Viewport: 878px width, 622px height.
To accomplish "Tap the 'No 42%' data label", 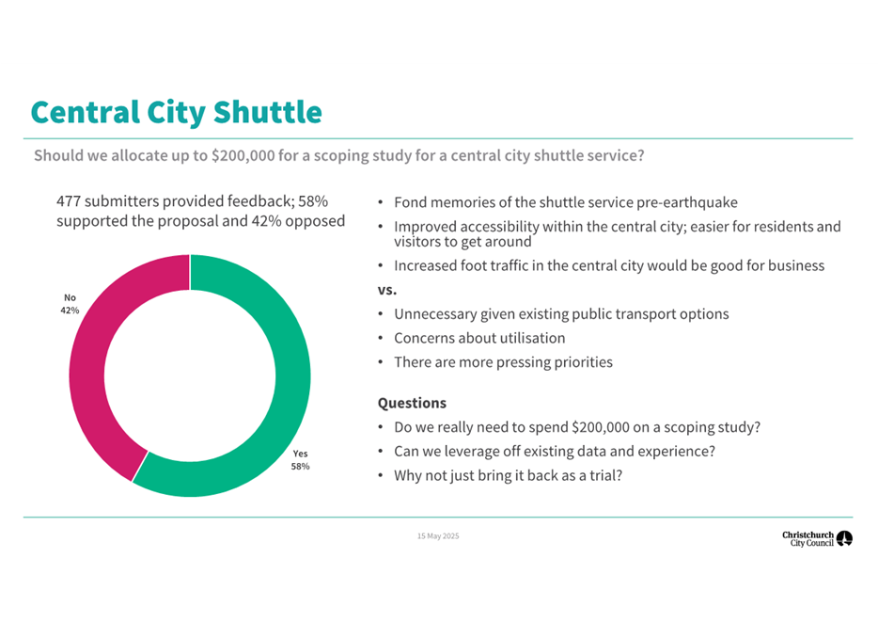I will [70, 303].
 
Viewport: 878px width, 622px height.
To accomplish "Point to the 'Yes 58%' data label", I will [300, 460].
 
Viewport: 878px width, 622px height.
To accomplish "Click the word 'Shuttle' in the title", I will [267, 113].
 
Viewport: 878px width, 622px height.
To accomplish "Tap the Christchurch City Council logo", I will [817, 538].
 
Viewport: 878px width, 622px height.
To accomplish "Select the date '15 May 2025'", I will [438, 536].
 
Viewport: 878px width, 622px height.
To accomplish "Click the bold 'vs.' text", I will [387, 290].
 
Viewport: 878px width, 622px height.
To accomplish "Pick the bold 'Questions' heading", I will [412, 403].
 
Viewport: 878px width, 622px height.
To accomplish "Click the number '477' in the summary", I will [71, 202].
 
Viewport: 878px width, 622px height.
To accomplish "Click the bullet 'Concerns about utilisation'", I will [479, 338].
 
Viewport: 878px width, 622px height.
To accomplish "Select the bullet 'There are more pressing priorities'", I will [503, 362].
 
